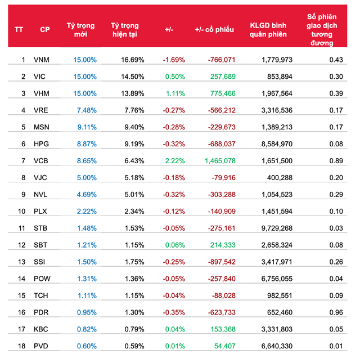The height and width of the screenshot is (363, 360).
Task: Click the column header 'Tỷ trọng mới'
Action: coord(81,30)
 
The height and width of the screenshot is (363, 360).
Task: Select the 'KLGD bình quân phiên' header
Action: coord(268,30)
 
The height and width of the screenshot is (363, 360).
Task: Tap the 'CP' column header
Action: coord(44,30)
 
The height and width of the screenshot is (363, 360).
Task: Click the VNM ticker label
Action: coord(42,60)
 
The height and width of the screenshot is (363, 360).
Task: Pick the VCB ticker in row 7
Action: coord(42,161)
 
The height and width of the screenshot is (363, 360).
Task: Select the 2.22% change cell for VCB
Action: coord(174,161)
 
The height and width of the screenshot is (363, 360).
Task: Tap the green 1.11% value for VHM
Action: coord(175,93)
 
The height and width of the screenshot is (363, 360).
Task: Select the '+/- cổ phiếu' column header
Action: coord(215,30)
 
